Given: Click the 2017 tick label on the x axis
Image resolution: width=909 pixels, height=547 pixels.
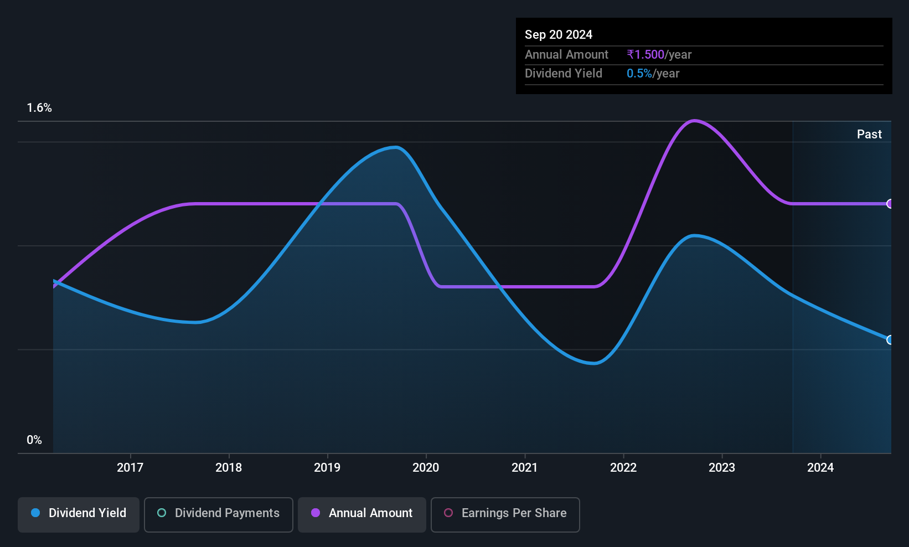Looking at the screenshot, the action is click(130, 467).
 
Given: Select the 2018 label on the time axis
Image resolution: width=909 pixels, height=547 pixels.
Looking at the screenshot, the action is click(229, 467).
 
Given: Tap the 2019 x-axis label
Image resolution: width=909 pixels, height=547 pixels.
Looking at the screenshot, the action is click(327, 467).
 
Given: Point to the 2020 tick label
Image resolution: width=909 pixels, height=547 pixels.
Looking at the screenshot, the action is click(426, 467).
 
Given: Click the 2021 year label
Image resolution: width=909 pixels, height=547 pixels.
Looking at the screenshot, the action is click(524, 467).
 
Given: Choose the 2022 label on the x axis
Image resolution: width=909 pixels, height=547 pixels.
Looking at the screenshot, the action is click(623, 467).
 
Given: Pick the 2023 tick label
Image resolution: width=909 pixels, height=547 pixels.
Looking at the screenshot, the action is click(722, 467).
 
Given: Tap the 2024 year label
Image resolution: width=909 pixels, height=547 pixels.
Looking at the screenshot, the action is click(820, 467).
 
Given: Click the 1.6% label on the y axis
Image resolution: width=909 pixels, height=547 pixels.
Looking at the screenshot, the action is click(39, 108).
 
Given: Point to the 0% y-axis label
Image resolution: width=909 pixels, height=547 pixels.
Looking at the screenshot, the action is click(34, 440).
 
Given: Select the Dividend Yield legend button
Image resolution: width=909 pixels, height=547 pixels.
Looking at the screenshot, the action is click(78, 514).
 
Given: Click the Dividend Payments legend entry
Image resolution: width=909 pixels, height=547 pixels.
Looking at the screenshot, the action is click(218, 514).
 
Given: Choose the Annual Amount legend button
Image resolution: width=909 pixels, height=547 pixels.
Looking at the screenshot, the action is click(362, 514).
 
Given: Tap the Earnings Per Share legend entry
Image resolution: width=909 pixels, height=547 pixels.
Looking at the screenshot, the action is click(505, 514).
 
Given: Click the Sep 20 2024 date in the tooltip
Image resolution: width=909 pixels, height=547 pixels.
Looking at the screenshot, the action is click(559, 34).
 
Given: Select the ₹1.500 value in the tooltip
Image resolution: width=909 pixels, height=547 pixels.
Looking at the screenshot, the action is click(645, 54).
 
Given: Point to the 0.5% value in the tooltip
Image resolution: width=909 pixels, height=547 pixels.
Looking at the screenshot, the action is click(639, 74).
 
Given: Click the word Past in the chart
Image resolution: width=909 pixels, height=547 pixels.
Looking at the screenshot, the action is click(869, 135).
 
